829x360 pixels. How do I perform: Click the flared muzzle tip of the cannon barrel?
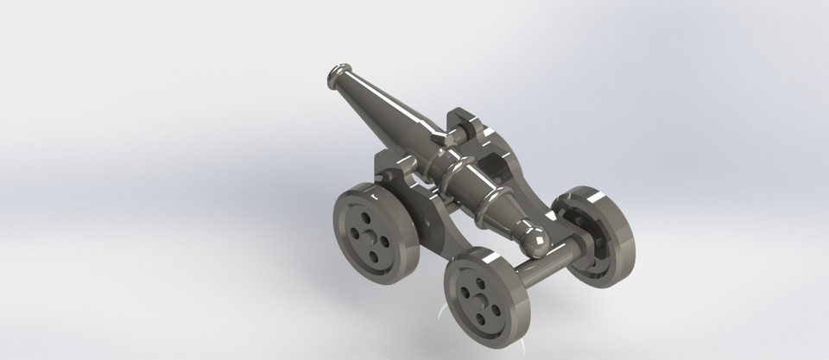[338, 77]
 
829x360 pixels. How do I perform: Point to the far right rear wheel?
[596, 235]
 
